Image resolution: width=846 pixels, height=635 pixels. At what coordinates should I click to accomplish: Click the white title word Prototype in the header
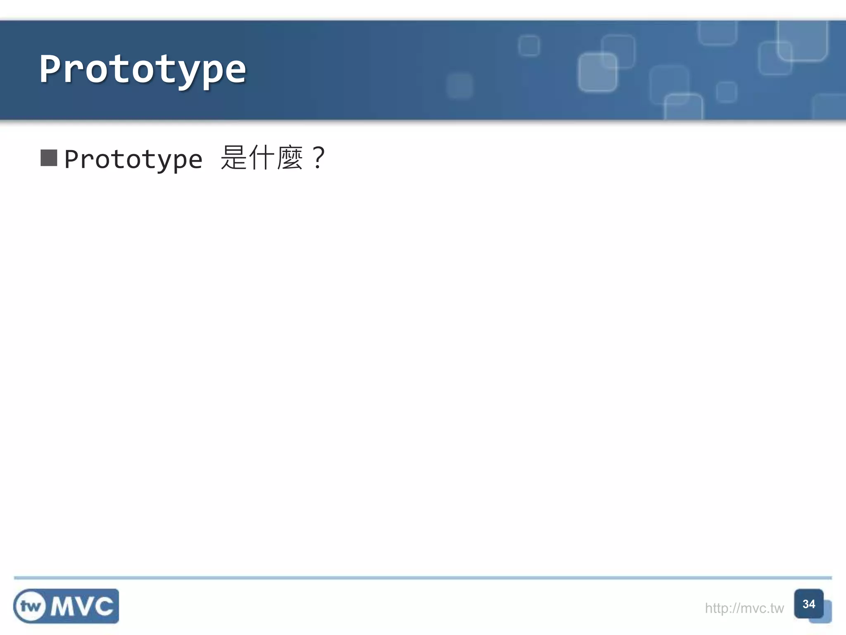tap(143, 69)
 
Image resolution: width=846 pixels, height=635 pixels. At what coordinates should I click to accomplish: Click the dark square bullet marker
tap(49, 158)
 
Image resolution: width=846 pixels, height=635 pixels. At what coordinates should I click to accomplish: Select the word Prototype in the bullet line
tap(133, 160)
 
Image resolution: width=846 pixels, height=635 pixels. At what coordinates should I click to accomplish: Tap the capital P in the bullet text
tap(72, 159)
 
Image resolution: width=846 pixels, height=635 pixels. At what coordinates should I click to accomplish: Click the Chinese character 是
tap(233, 158)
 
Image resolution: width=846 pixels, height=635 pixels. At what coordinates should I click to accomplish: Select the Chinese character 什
tap(262, 158)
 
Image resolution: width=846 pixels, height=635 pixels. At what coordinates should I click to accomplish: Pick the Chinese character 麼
tap(290, 158)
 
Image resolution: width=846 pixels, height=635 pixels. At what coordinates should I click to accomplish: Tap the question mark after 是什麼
tap(318, 158)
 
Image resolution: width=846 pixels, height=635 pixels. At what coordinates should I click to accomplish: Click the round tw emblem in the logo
tap(30, 606)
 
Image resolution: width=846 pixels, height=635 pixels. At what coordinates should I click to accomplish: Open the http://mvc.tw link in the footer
tap(744, 608)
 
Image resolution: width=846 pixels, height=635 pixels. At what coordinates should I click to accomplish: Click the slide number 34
tap(808, 604)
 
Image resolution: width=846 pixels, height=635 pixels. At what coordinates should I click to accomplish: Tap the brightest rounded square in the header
tap(597, 72)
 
